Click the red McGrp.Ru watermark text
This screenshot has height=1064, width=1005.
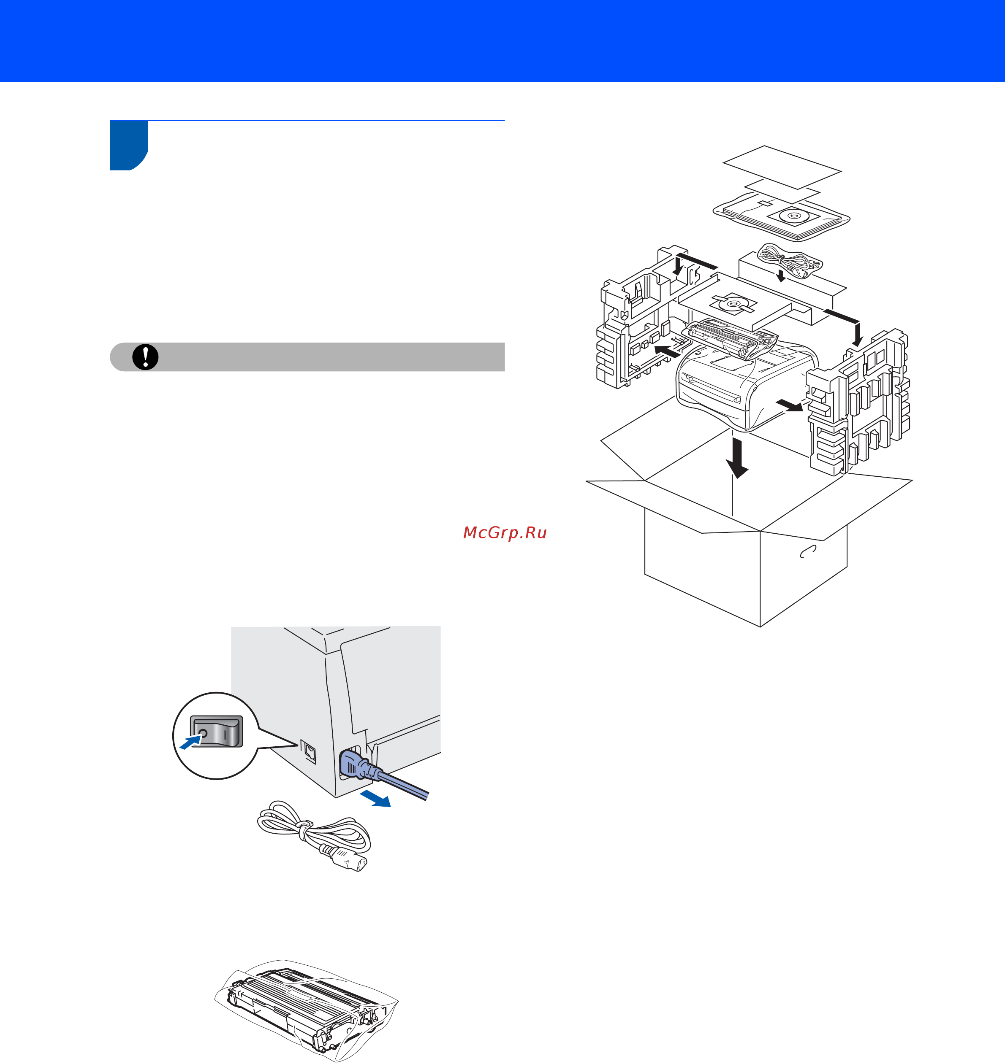(505, 532)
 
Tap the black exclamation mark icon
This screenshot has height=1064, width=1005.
(145, 356)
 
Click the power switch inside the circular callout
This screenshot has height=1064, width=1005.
(217, 731)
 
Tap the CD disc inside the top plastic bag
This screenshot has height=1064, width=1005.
(793, 217)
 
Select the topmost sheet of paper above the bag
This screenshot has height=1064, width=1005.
(782, 167)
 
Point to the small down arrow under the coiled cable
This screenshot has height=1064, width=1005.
(781, 275)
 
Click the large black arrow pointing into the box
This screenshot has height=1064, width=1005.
(737, 458)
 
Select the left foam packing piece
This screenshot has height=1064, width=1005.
(643, 321)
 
